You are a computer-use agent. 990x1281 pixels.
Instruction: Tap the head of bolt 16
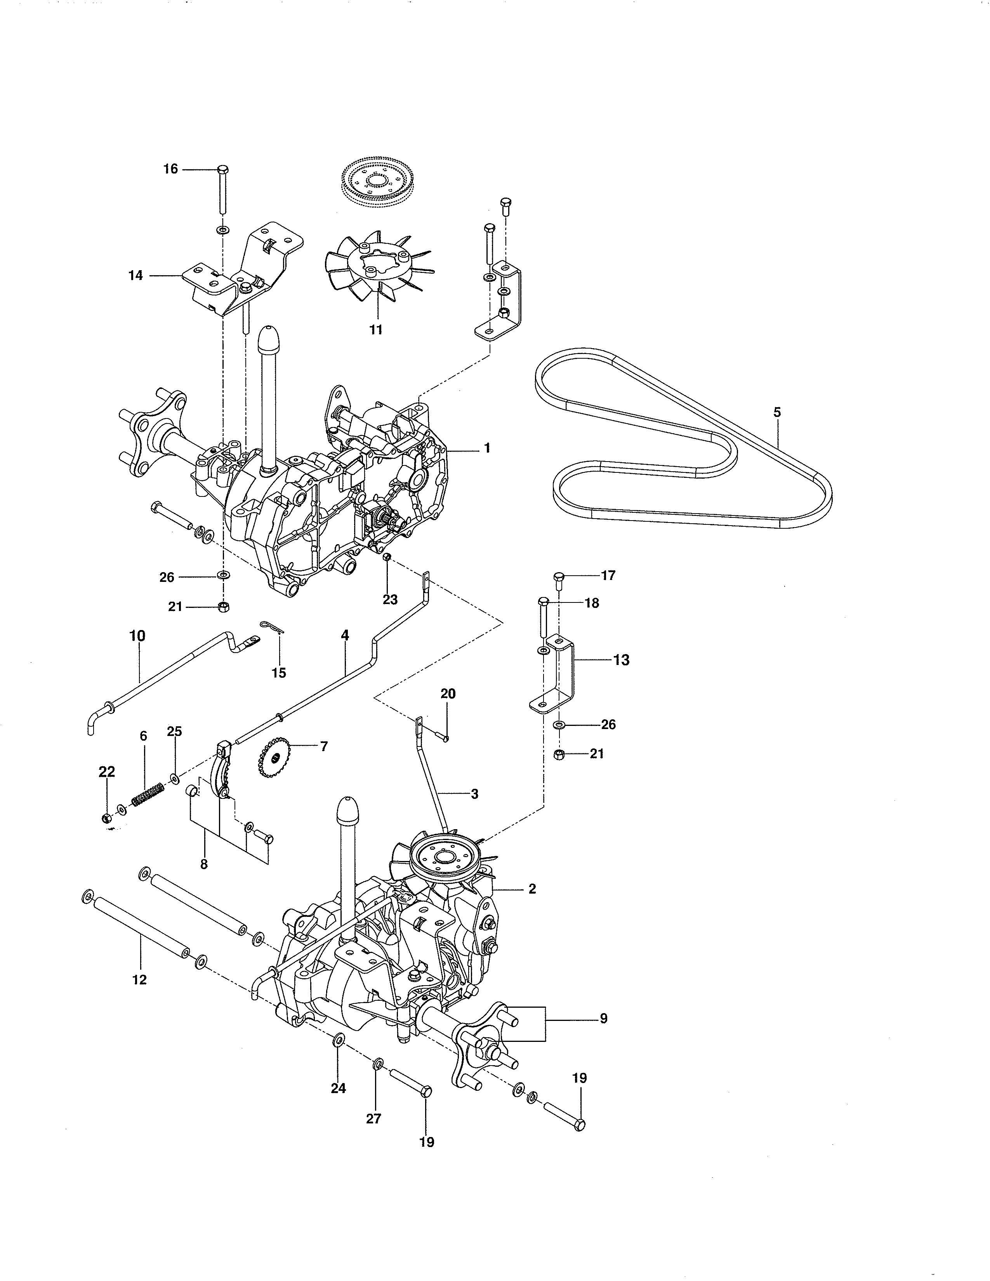(x=223, y=170)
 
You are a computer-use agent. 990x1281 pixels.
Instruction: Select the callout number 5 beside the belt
(x=777, y=412)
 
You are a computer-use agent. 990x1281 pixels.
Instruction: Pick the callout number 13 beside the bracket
(x=621, y=660)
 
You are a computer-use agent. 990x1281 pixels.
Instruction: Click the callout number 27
(x=373, y=1118)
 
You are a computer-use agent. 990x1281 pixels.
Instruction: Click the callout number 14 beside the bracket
(x=135, y=275)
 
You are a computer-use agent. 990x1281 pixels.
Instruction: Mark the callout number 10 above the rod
(x=137, y=636)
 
